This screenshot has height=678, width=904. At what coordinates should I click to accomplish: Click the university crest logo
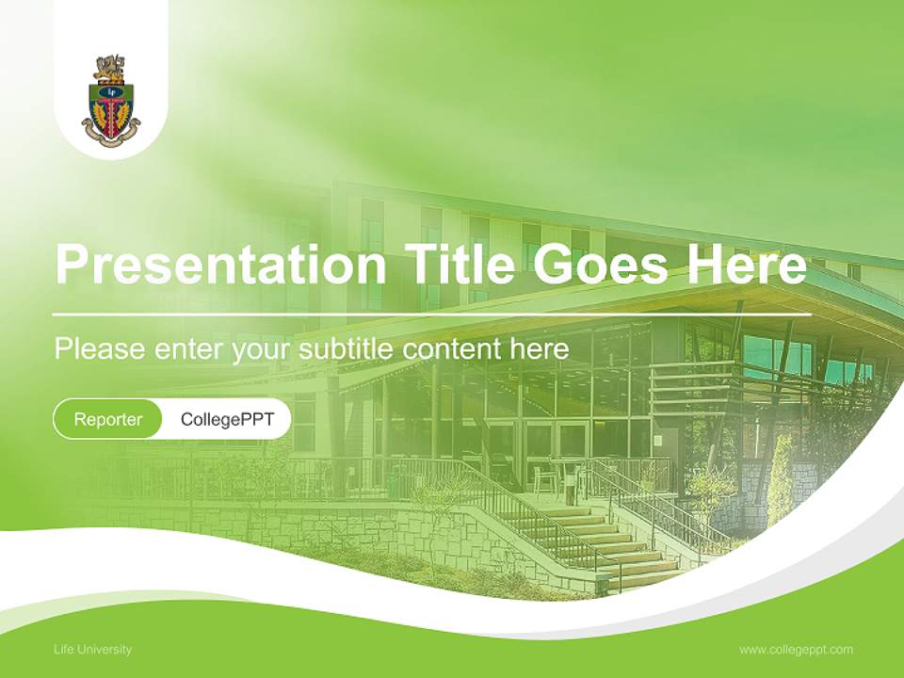coord(111,100)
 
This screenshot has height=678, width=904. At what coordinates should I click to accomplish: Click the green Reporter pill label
coord(107,419)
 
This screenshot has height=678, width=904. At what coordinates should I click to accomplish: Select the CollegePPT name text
coord(227,419)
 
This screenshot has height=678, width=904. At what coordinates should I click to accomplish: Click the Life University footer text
coord(92,649)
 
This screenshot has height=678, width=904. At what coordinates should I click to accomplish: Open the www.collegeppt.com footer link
coord(796,649)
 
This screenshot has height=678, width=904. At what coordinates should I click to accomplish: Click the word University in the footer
coord(105,649)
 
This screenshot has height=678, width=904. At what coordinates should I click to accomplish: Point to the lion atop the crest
coord(109,69)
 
